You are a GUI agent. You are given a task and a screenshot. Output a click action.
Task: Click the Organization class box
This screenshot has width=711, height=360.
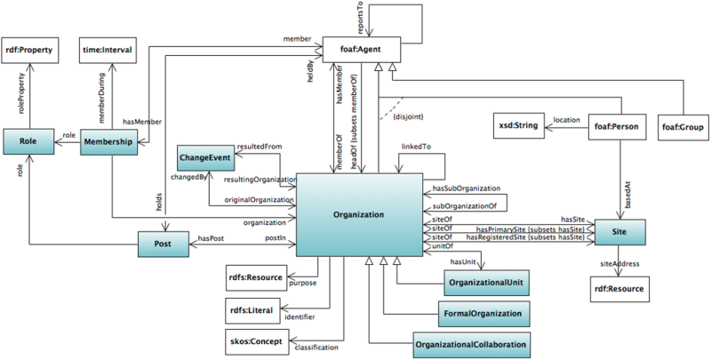pos(359,213)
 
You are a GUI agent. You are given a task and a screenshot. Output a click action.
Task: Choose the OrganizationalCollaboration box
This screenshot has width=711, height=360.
pos(471,342)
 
